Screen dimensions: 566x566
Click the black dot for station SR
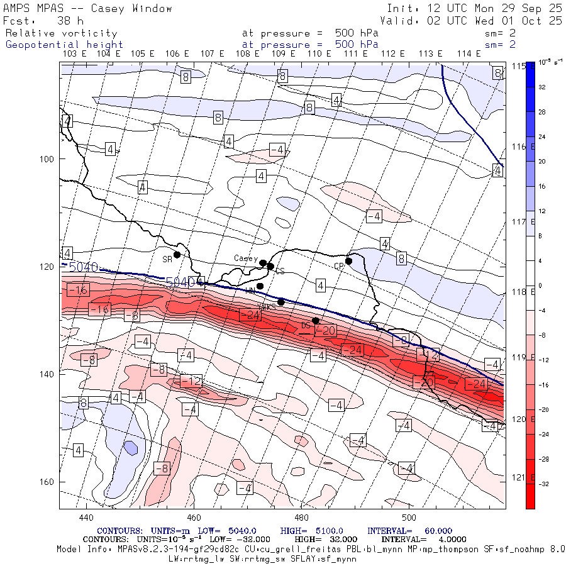(x=177, y=255)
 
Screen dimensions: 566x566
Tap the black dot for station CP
(x=348, y=261)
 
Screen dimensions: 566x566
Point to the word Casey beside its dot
(x=246, y=258)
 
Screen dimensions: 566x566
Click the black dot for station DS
(x=316, y=321)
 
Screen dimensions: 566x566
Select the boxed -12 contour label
(x=191, y=381)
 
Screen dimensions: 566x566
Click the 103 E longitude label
(x=75, y=54)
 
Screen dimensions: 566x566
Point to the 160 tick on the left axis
(x=48, y=482)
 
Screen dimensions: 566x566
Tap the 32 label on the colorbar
(x=542, y=87)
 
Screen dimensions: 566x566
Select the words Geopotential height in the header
(x=64, y=45)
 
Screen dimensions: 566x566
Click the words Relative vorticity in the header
(x=62, y=33)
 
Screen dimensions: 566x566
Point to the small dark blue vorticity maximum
(x=130, y=448)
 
